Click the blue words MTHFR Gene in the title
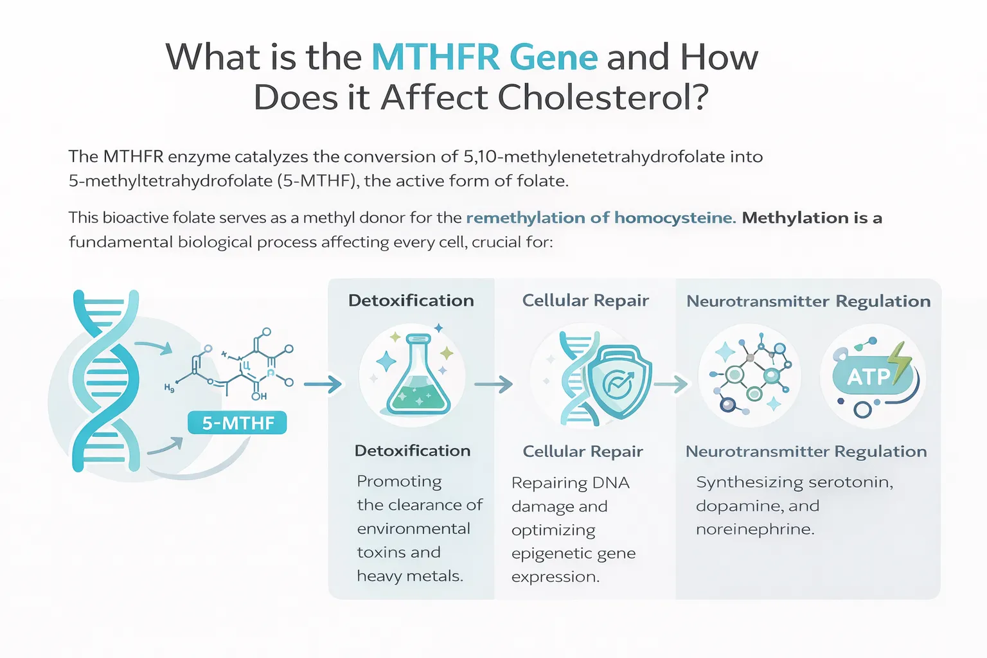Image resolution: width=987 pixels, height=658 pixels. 485,57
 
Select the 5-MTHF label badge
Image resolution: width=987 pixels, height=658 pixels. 238,423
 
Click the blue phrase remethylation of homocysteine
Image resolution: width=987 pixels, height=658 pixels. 601,218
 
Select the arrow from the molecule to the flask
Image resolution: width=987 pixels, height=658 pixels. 323,384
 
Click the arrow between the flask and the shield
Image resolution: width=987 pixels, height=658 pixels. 493,384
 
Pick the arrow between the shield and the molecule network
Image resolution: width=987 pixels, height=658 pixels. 671,384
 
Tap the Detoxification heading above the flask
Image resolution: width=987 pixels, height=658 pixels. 411,301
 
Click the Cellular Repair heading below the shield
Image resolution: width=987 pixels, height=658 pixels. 583,451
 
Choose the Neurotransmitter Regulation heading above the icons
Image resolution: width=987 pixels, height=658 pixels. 808,301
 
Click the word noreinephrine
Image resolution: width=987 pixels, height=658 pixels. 755,529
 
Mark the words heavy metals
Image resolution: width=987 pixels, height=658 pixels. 410,576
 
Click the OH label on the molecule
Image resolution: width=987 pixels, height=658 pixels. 259,396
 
